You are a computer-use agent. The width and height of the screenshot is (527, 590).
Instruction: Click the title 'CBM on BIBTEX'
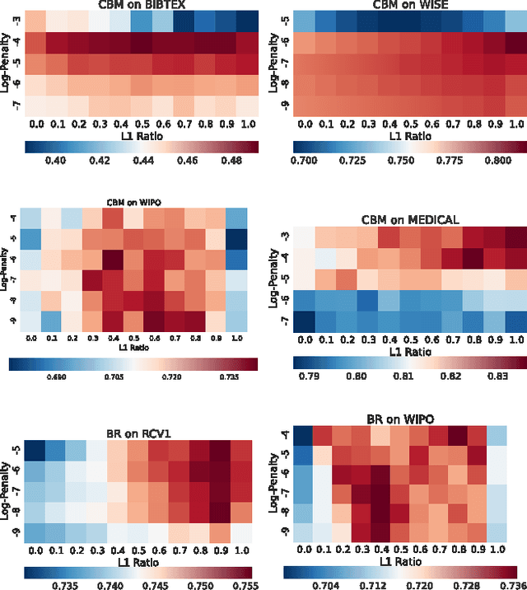(x=141, y=5)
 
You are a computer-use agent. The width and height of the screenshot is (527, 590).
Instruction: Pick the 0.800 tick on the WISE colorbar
(x=492, y=160)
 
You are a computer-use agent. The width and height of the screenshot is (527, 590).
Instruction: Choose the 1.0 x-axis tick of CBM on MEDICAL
(x=515, y=339)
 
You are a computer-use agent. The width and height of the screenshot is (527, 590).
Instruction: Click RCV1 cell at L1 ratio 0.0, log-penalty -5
(x=35, y=450)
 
